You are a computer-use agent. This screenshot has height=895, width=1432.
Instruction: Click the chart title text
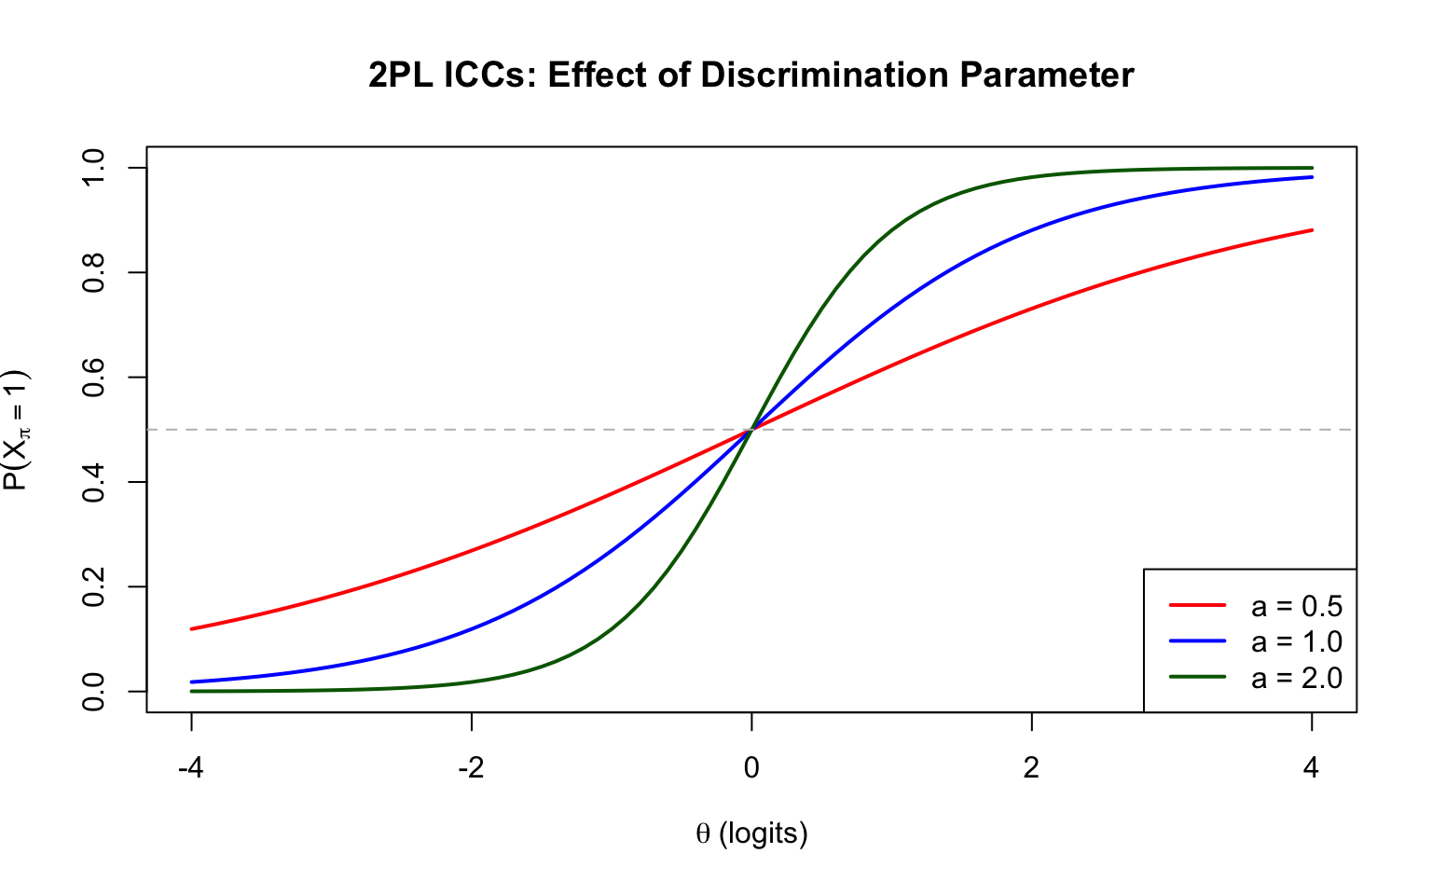click(x=750, y=76)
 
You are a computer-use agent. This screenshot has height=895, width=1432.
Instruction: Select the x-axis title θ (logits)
click(x=751, y=833)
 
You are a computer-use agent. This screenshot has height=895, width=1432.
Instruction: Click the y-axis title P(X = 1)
click(x=17, y=430)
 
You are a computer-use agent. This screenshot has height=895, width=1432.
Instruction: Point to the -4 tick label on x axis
click(x=191, y=768)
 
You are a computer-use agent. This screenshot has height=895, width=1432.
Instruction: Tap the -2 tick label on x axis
click(x=471, y=768)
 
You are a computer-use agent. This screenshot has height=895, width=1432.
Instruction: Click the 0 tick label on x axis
click(x=751, y=768)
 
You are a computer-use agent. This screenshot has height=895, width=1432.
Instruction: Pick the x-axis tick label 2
click(x=1031, y=768)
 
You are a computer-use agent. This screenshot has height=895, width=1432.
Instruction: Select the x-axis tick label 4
click(x=1312, y=768)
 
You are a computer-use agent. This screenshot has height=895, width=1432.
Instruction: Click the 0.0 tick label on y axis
click(x=94, y=691)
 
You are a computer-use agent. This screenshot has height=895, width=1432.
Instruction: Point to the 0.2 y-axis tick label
click(x=94, y=586)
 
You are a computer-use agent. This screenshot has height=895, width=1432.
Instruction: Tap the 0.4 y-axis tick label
click(x=94, y=482)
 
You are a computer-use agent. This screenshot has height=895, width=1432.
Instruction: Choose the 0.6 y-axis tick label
click(x=94, y=378)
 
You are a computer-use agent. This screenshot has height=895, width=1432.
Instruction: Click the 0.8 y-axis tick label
click(x=94, y=272)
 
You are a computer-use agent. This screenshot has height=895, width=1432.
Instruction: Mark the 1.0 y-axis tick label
click(x=94, y=168)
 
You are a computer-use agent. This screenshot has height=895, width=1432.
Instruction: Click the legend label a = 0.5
click(x=1296, y=607)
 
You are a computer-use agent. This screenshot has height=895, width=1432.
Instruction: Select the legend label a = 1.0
click(x=1296, y=642)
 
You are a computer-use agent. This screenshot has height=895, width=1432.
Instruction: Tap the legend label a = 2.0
click(x=1296, y=678)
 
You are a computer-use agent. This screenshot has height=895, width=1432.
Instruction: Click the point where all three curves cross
click(x=751, y=430)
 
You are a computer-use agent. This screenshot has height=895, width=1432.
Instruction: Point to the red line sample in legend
click(x=1197, y=606)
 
